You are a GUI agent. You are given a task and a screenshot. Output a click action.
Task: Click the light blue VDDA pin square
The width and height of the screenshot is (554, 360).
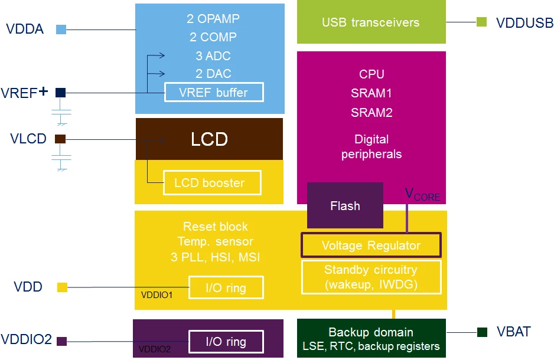click(x=61, y=30)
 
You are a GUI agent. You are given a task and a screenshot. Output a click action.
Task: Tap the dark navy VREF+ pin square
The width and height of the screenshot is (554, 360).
click(x=60, y=93)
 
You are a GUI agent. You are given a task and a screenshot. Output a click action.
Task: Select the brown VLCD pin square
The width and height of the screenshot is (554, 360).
click(x=60, y=139)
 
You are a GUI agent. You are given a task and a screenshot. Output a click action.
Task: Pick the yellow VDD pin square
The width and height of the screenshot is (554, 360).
click(x=62, y=287)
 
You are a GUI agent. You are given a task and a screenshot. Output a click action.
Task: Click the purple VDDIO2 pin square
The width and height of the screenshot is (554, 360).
click(x=62, y=341)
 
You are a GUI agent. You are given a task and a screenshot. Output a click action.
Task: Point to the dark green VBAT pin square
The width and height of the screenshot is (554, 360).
click(x=483, y=332)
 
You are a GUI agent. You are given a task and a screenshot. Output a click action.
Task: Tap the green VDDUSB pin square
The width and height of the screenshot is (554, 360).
click(x=481, y=22)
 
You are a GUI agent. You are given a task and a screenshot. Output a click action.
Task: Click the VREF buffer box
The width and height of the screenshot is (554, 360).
click(x=214, y=92)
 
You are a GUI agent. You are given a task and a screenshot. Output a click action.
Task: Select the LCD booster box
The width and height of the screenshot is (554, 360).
click(x=213, y=183)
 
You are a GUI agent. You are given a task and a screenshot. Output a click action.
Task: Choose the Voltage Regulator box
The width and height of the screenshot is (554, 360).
click(x=371, y=245)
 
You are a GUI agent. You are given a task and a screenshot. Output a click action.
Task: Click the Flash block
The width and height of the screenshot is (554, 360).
click(x=345, y=205)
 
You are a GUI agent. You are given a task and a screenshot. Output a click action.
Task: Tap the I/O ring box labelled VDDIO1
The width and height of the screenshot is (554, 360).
click(x=226, y=287)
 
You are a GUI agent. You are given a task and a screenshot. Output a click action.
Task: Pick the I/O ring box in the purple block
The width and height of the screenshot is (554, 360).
click(x=226, y=342)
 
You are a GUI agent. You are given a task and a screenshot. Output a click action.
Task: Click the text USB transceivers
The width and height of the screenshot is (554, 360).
click(x=371, y=22)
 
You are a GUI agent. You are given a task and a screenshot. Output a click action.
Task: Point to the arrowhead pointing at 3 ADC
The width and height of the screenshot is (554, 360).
click(x=161, y=55)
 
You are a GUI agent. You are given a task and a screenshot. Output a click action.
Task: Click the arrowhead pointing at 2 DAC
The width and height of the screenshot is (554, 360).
click(x=161, y=73)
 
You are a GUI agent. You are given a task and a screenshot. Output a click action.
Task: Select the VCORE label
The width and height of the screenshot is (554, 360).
click(x=422, y=195)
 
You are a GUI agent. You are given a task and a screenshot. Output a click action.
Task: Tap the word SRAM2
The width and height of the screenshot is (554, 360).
click(x=371, y=113)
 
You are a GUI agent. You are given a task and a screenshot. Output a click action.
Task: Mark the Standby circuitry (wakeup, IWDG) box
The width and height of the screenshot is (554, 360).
click(x=371, y=277)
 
